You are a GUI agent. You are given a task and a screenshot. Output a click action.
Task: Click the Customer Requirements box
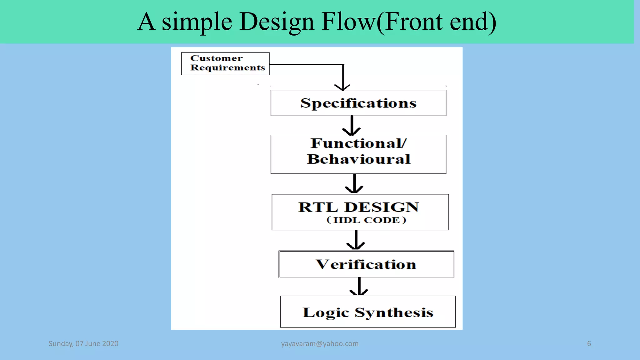(225, 63)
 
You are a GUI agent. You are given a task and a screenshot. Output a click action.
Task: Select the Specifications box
(358, 103)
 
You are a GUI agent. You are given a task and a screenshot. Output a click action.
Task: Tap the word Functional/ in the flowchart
(358, 143)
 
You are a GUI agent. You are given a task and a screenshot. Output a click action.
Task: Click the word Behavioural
(358, 159)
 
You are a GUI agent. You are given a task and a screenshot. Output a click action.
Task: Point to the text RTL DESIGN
(358, 207)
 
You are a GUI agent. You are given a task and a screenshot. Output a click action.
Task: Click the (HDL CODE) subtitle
(366, 220)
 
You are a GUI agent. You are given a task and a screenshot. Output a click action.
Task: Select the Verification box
(366, 264)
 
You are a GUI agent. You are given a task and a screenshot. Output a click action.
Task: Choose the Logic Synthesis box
(368, 312)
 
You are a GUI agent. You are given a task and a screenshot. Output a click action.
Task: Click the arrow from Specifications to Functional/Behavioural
(352, 126)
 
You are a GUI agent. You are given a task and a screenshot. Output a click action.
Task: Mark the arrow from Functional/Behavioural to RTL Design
(354, 184)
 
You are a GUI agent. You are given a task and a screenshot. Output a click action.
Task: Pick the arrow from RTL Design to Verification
(356, 240)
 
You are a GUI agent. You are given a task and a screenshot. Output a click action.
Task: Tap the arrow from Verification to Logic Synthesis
(359, 286)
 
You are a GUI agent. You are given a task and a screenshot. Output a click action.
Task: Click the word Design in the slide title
(277, 22)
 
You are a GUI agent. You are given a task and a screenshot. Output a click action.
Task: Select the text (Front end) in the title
(436, 22)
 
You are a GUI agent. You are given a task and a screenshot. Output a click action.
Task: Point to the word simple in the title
(197, 22)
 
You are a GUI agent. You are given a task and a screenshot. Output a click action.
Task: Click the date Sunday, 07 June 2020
(83, 344)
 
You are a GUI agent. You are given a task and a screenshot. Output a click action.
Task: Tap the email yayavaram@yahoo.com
(320, 344)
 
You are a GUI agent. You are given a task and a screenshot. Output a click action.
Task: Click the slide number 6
(589, 344)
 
